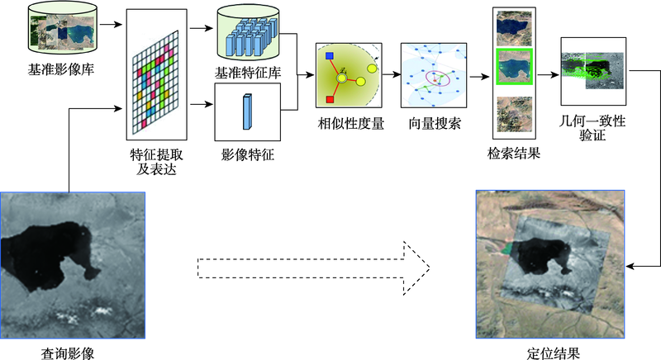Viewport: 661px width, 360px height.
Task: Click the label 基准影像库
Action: click(x=61, y=69)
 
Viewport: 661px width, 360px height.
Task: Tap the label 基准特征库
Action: click(x=248, y=73)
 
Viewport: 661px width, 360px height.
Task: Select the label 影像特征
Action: click(x=248, y=154)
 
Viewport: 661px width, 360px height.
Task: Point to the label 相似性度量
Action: click(x=350, y=123)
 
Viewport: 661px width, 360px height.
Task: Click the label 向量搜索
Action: click(x=435, y=123)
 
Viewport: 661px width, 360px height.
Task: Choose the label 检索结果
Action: click(x=514, y=154)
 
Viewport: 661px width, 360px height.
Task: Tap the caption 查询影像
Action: click(x=68, y=353)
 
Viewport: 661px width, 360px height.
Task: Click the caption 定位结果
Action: click(x=553, y=353)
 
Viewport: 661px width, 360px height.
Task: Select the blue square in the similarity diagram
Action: click(x=330, y=55)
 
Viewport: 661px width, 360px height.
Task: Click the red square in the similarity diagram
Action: click(x=330, y=99)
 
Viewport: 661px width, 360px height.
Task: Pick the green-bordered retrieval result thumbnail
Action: click(x=514, y=67)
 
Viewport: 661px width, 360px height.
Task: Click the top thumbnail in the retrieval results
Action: click(x=514, y=28)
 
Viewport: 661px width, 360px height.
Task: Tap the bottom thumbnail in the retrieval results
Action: click(x=514, y=114)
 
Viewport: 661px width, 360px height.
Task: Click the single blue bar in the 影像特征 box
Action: click(x=247, y=111)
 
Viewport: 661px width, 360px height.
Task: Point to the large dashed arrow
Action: click(x=314, y=268)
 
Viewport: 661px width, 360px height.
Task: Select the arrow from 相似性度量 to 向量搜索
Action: click(x=392, y=75)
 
